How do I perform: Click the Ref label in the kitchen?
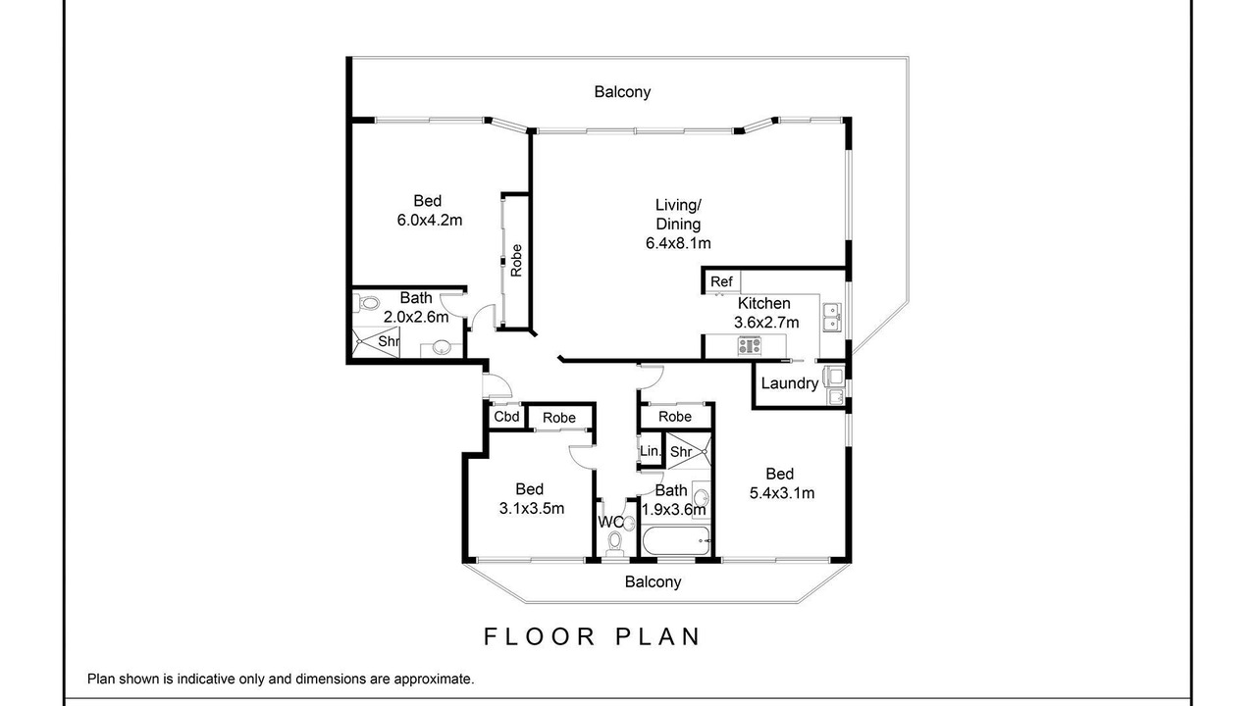click(x=721, y=281)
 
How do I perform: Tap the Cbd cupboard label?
click(x=506, y=417)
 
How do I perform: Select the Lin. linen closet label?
click(x=651, y=451)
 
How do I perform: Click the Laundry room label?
click(x=790, y=383)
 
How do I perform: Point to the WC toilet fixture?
click(x=615, y=542)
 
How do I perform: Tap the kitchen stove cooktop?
click(x=750, y=345)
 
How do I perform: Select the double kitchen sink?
click(x=831, y=318)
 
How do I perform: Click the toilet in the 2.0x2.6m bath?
click(x=366, y=304)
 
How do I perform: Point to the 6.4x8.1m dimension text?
click(x=678, y=244)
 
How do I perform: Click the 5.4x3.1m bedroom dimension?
click(x=782, y=493)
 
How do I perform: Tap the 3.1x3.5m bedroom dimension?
click(x=532, y=509)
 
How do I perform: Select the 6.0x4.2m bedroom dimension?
click(x=430, y=221)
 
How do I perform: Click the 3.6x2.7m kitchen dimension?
click(x=766, y=323)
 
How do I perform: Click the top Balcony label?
click(x=622, y=92)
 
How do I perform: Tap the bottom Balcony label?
click(x=654, y=581)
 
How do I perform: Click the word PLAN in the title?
click(x=658, y=637)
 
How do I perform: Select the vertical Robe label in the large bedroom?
click(x=516, y=261)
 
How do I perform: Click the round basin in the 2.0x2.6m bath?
click(x=442, y=347)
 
